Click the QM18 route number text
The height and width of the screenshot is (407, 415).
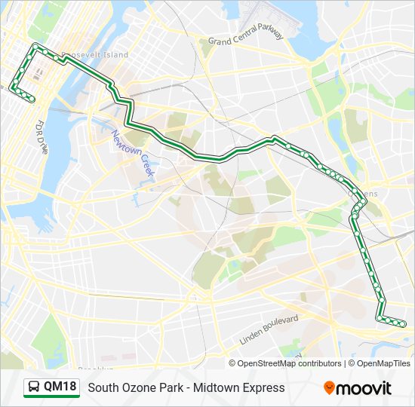(60, 387)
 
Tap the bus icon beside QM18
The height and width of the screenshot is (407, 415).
(34, 387)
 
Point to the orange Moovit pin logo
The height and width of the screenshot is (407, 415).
(330, 388)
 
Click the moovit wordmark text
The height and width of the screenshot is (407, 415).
(364, 388)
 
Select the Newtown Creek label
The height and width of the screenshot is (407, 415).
(133, 154)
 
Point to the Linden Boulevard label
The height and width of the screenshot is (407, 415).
(269, 329)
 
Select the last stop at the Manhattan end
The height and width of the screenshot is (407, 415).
(32, 98)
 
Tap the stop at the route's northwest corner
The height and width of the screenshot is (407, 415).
(34, 47)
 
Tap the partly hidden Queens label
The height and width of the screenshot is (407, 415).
(370, 194)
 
